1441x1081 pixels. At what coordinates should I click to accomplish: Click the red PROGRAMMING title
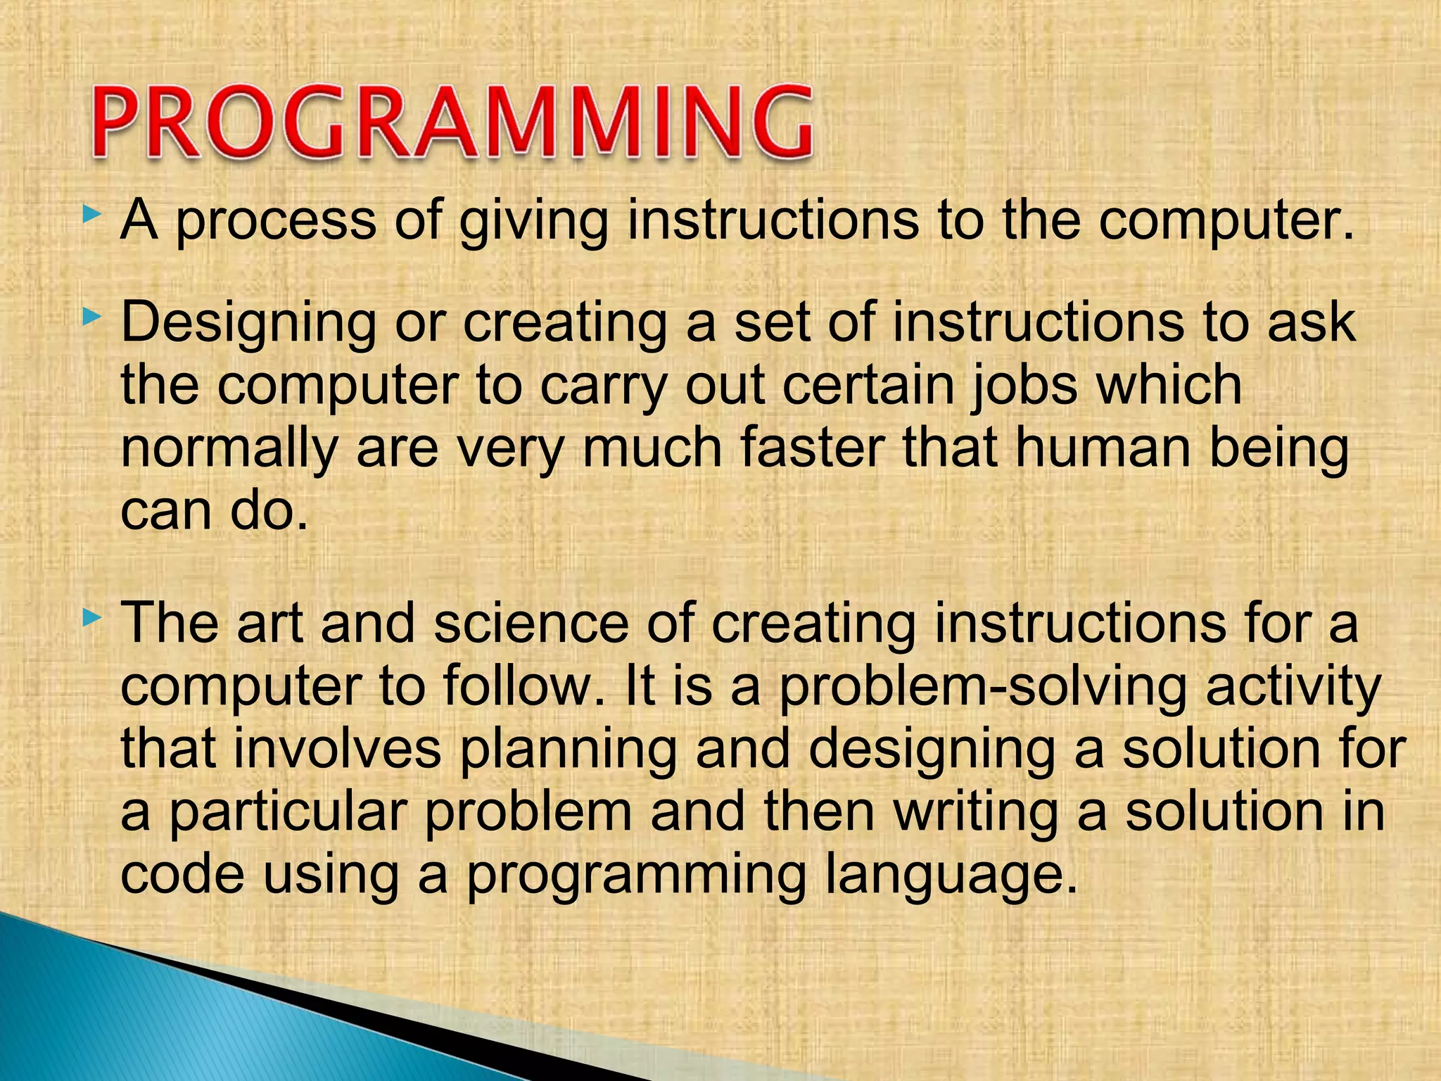coord(452,122)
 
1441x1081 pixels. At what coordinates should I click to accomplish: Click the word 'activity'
coord(1293,687)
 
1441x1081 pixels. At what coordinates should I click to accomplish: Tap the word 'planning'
coord(568,750)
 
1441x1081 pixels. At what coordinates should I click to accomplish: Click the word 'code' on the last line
coord(183,874)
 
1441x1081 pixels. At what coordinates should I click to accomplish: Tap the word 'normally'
coord(229,450)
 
